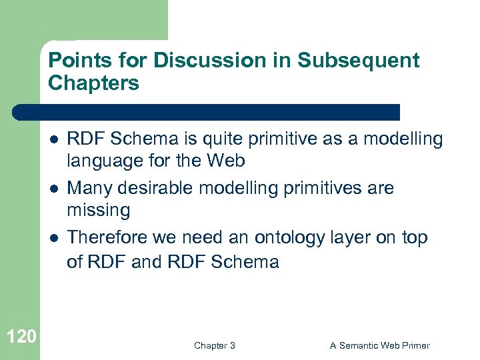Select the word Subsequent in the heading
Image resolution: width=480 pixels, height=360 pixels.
[x=358, y=61]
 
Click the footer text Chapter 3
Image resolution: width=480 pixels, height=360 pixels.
[x=214, y=345]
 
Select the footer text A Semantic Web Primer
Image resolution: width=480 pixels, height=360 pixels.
[x=380, y=345]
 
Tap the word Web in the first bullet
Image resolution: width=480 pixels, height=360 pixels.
[x=225, y=161]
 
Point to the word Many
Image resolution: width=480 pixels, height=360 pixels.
[x=89, y=188]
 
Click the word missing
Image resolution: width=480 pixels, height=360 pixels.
[x=98, y=210]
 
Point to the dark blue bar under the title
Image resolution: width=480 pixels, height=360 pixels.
[x=207, y=112]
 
